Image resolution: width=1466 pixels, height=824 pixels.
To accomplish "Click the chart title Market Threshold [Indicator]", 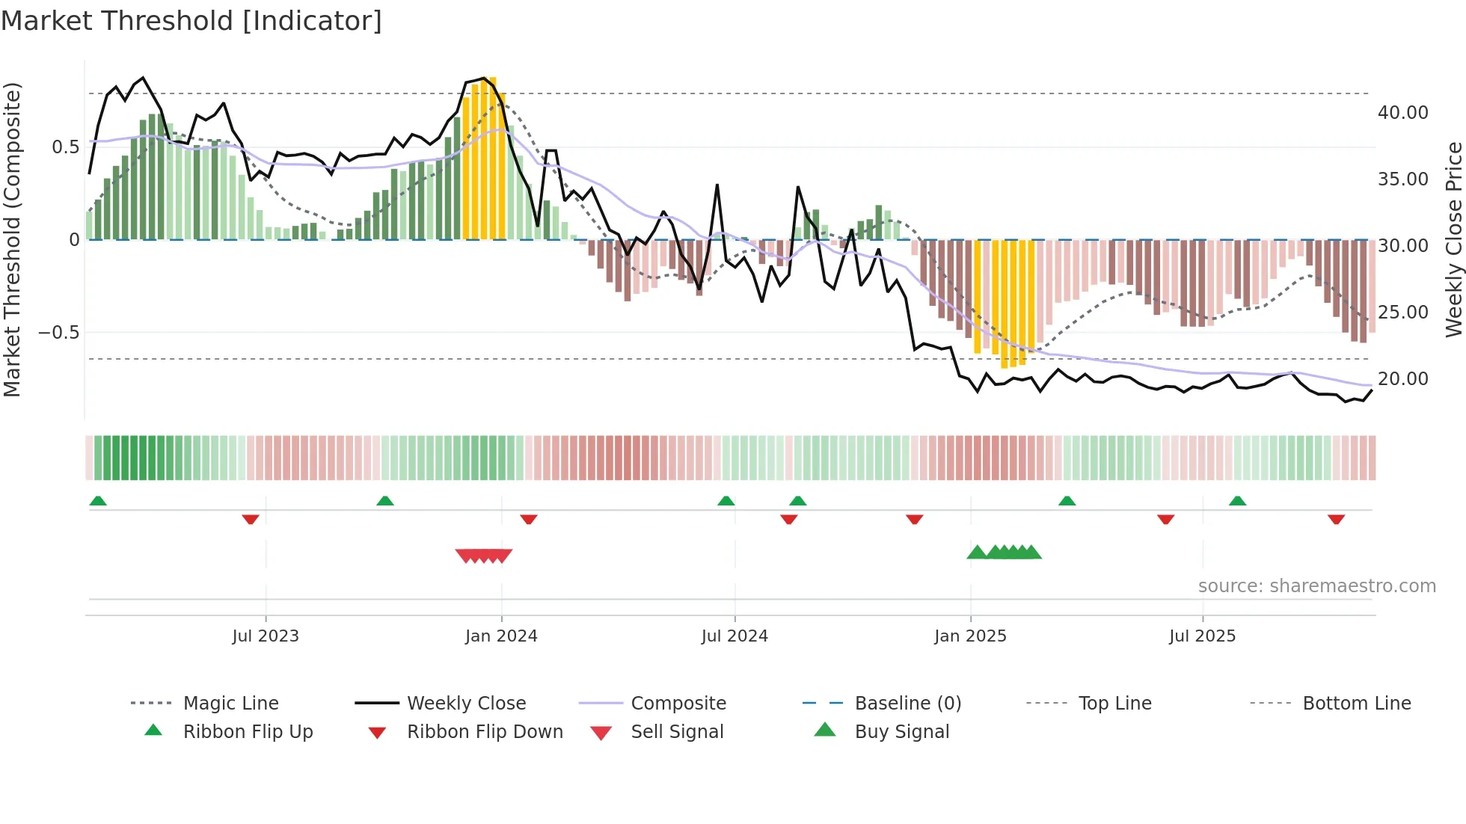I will (x=191, y=21).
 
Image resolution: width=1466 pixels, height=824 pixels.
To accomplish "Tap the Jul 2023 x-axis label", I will (x=265, y=636).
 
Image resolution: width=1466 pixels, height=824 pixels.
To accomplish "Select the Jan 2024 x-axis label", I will (x=501, y=636).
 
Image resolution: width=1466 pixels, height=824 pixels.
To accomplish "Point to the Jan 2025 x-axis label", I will (x=970, y=636).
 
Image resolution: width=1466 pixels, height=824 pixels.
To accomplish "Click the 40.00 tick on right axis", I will (x=1402, y=113).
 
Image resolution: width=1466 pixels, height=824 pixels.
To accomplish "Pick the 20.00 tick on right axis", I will (x=1402, y=379).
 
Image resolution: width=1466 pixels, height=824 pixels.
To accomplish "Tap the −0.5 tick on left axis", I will (x=59, y=332).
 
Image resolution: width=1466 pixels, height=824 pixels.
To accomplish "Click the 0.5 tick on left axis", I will (x=66, y=147).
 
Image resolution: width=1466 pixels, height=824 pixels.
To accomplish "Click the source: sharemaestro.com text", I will (x=1316, y=586).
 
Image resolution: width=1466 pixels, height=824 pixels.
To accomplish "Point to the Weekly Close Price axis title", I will (x=1453, y=239).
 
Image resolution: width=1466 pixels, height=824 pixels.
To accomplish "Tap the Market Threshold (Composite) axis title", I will (x=12, y=239).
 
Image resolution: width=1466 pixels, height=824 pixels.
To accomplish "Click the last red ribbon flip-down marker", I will (x=1336, y=519).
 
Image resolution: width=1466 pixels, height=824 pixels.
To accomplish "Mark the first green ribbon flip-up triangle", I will (x=98, y=501).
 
